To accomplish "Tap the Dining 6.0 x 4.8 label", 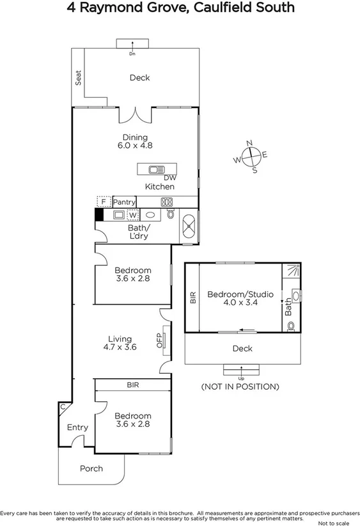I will [135, 141].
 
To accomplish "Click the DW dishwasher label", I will [169, 178].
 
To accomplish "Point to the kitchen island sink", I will [156, 170].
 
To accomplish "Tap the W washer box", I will [133, 215].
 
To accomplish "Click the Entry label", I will [77, 427].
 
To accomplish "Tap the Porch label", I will [91, 468].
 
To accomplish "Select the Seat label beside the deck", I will [79, 78].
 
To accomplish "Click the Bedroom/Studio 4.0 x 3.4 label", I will [240, 299].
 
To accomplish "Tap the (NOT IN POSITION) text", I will [240, 387].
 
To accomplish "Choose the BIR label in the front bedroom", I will [132, 385].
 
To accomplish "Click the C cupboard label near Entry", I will [63, 406].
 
